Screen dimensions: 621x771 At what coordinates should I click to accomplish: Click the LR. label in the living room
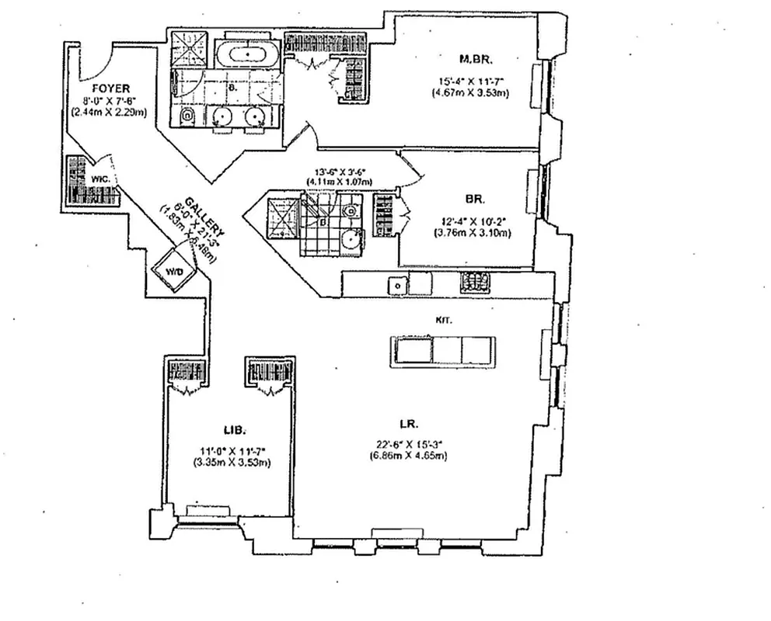pos(409,425)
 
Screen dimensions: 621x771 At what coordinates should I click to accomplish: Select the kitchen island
pos(442,349)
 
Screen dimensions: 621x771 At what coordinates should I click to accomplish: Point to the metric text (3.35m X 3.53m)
pos(232,463)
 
